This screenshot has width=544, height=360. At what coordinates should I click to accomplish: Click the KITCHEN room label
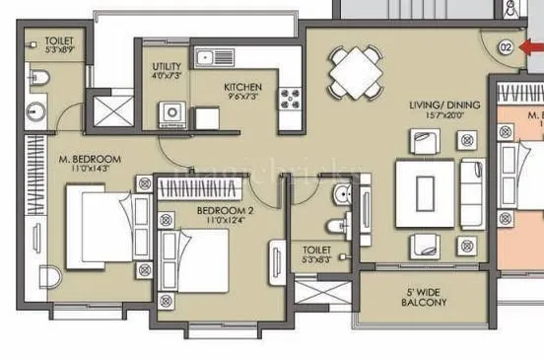[x=241, y=87]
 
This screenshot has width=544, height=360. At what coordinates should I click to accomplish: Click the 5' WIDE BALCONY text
[x=425, y=298]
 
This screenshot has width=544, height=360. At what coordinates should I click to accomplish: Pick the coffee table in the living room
[x=425, y=185]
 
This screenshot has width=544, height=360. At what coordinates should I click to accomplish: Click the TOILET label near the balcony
[x=316, y=251]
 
